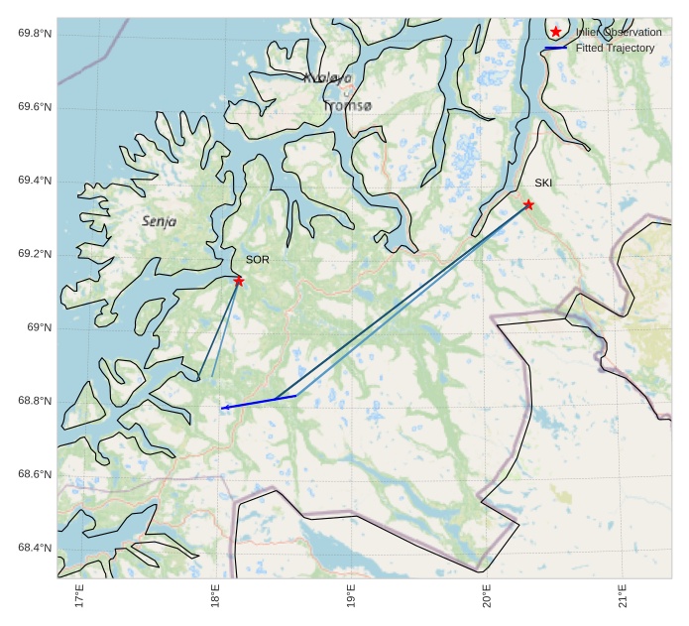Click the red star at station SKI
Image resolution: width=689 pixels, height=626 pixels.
coord(528,204)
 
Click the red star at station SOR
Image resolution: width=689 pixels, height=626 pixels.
coord(239,281)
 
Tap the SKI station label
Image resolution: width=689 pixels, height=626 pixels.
coord(543,183)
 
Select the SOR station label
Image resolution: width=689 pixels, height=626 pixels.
coord(257,259)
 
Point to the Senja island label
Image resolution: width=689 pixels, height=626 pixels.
coord(159,222)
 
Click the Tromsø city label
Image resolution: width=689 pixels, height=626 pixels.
coord(347,105)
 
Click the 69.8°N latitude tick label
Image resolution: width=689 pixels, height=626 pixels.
coord(35,34)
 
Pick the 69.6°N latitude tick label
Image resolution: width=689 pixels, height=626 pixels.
coord(35,107)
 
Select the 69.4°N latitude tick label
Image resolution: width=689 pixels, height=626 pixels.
coord(35,181)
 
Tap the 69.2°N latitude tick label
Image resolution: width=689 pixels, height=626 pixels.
coord(35,254)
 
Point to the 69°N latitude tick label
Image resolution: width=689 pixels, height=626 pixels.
coord(39,327)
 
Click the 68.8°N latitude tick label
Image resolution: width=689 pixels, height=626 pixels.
coord(35,401)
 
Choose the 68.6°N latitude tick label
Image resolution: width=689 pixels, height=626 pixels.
coord(35,474)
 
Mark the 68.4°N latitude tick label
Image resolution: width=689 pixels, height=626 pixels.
coord(35,548)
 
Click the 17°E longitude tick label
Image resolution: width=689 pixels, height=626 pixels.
coord(80,598)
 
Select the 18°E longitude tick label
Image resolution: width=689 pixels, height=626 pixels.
coord(216,598)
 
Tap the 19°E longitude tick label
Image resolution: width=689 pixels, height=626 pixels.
coord(351,598)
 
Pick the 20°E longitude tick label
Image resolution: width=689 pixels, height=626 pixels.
coord(487,598)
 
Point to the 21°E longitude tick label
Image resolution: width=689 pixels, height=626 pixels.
coord(622,598)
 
